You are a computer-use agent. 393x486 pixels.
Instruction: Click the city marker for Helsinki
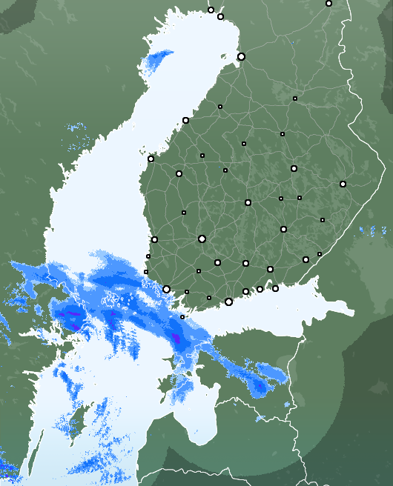228,302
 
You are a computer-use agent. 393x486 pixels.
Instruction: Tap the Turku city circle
167,290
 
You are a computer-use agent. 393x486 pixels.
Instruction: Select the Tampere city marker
202,239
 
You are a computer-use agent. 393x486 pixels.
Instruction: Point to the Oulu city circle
241,56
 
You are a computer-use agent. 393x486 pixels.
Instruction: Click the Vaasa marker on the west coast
151,159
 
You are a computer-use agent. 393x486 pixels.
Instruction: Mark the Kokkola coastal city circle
185,120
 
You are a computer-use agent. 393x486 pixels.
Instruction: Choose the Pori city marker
154,239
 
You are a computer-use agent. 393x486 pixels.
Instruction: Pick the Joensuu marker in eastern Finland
343,184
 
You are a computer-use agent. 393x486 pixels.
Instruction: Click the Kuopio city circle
294,168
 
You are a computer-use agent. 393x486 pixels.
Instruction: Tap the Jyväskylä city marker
248,202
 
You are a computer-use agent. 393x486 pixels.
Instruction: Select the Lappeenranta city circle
306,259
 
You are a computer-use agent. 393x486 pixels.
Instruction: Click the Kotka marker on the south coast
275,288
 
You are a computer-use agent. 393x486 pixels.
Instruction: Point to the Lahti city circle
245,263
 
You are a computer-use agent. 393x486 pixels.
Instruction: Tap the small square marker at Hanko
182,317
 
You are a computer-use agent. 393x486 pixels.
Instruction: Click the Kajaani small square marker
295,98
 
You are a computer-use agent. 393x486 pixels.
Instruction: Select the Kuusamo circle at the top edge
328,3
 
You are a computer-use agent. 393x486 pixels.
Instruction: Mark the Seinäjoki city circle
179,173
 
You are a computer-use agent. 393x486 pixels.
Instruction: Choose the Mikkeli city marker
283,229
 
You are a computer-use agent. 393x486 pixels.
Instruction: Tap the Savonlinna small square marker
323,220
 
